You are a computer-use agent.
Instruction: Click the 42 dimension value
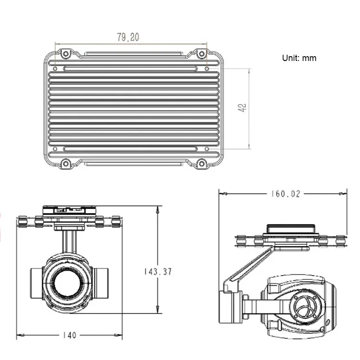click(x=242, y=108)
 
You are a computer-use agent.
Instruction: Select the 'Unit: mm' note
click(x=299, y=58)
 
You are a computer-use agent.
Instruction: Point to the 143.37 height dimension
click(x=158, y=271)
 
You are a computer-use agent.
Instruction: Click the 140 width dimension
click(x=70, y=335)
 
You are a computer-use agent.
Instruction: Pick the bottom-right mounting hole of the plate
click(x=202, y=164)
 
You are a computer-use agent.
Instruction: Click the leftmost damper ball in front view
click(x=22, y=222)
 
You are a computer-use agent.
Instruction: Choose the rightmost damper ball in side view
click(x=340, y=240)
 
